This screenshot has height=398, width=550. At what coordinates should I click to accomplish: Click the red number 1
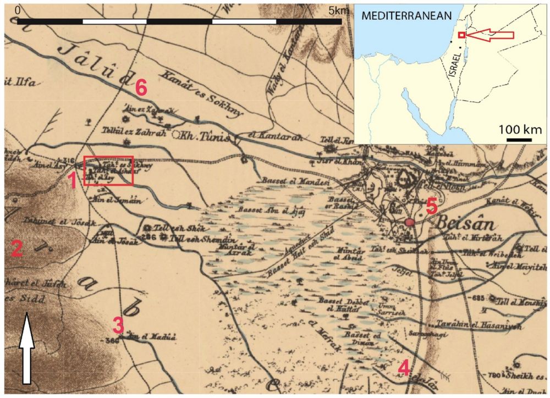(72, 180)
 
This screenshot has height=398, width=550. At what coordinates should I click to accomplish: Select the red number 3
(118, 325)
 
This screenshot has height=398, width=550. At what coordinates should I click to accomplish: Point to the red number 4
(404, 367)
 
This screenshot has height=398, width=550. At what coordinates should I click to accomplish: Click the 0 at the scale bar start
(18, 10)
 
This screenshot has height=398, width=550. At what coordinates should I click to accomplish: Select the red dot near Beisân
(409, 222)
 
